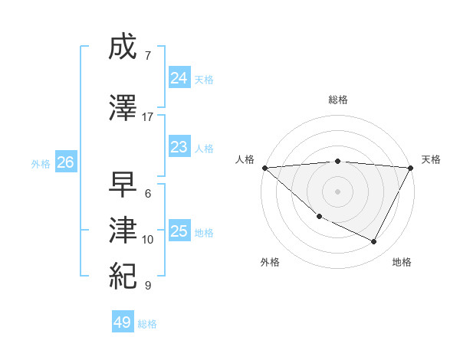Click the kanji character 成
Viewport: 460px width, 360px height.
(123, 47)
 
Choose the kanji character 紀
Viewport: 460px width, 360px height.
(123, 277)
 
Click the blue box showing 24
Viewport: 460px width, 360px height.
(179, 78)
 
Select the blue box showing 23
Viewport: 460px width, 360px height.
(179, 147)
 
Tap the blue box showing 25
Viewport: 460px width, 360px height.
(179, 231)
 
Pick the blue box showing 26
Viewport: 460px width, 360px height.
(65, 162)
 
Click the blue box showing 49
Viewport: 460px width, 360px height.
(123, 322)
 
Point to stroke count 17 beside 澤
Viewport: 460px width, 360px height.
(148, 117)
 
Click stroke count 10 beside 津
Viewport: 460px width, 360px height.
(148, 240)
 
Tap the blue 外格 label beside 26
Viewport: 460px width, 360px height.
(41, 163)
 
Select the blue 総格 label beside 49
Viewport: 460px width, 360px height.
(148, 324)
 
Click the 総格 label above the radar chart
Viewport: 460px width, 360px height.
(338, 100)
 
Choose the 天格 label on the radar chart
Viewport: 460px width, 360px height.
(431, 159)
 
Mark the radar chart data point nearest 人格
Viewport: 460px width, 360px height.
(264, 167)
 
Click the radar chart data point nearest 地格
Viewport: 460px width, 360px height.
(374, 242)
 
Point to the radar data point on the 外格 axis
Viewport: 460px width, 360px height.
(319, 217)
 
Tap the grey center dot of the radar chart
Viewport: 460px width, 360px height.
(338, 191)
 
